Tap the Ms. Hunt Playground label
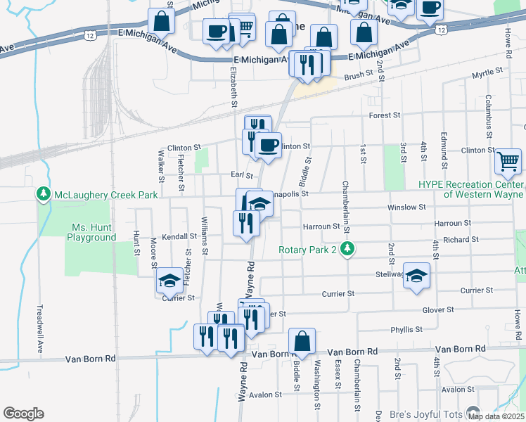tap(91, 232)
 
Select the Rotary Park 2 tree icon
tap(347, 249)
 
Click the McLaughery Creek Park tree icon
tap(44, 194)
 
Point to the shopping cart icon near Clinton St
tap(508, 161)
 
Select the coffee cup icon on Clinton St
tap(267, 146)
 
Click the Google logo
tap(23, 414)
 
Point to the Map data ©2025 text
tap(496, 416)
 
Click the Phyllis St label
tap(407, 329)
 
